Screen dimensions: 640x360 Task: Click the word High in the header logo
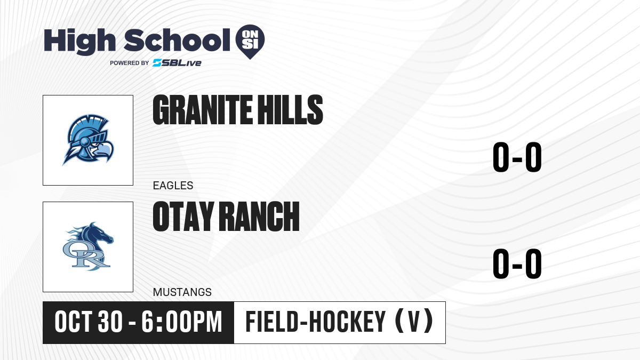pyautogui.click(x=80, y=42)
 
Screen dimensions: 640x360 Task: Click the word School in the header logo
pyautogui.click(x=177, y=40)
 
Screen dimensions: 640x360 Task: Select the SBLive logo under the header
pyautogui.click(x=177, y=63)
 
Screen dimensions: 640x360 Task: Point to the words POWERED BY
pyautogui.click(x=130, y=63)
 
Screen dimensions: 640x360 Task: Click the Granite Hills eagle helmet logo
pyautogui.click(x=88, y=140)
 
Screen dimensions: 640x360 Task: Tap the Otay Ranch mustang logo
pyautogui.click(x=88, y=246)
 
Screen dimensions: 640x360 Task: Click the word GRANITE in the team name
pyautogui.click(x=203, y=110)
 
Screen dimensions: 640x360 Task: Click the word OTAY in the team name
pyautogui.click(x=183, y=217)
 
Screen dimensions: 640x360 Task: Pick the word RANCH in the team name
pyautogui.click(x=259, y=217)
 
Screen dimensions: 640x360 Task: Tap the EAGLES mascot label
pyautogui.click(x=173, y=186)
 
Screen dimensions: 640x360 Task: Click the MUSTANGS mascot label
pyautogui.click(x=182, y=292)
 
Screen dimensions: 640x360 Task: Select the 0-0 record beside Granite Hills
pyautogui.click(x=517, y=157)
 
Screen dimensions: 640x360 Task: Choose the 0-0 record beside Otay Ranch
pyautogui.click(x=517, y=263)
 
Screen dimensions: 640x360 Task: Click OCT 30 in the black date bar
pyautogui.click(x=89, y=322)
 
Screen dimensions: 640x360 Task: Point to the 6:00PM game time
pyautogui.click(x=182, y=322)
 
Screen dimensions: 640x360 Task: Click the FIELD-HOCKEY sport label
pyautogui.click(x=316, y=322)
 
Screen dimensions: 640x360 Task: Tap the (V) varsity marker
pyautogui.click(x=414, y=322)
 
